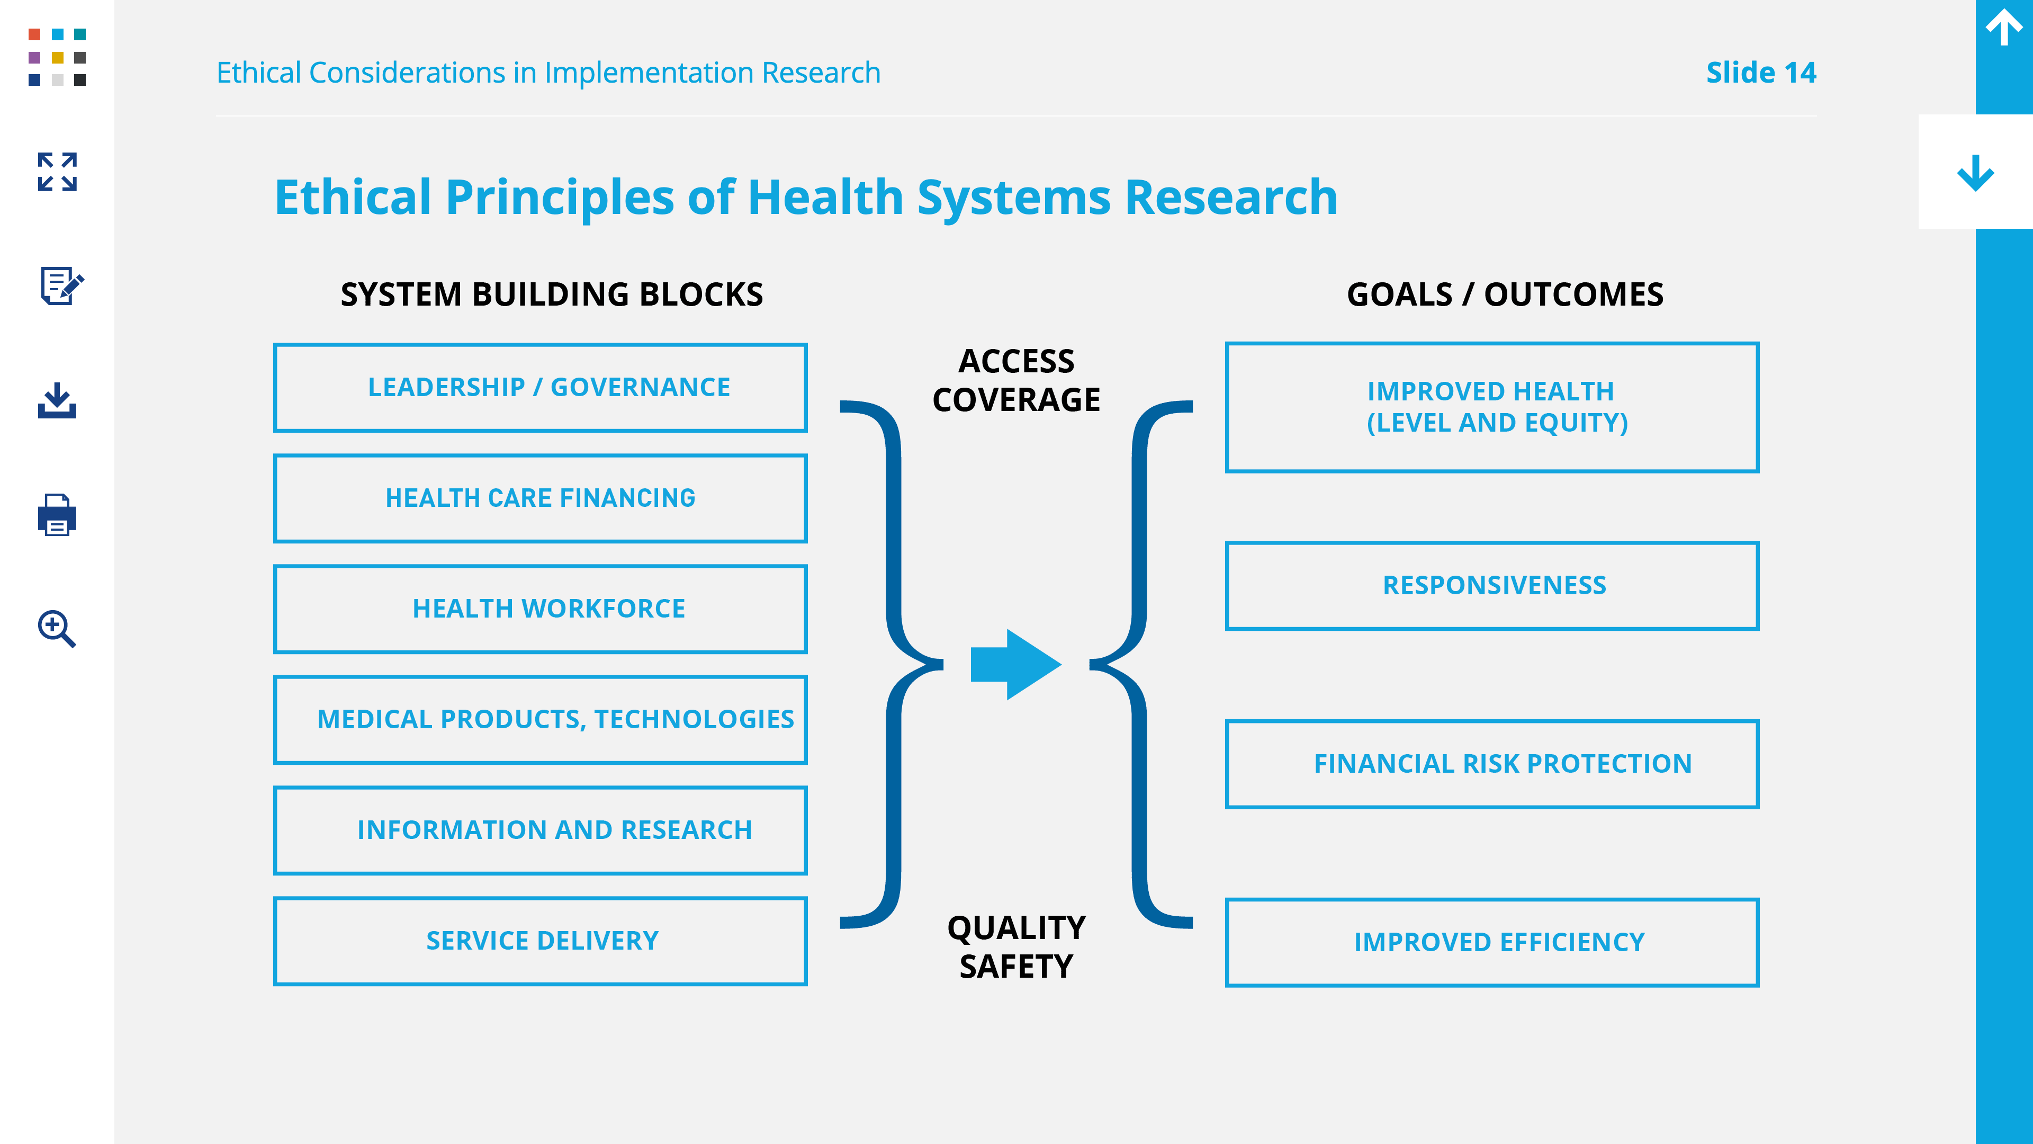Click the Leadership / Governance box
(540, 388)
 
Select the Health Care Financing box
(540, 498)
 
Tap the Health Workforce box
(540, 609)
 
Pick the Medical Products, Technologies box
(540, 719)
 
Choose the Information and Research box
(540, 830)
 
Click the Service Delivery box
(540, 940)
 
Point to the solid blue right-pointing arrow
(1016, 665)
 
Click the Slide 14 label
(1761, 73)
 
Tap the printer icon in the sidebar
(57, 515)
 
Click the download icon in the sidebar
(57, 400)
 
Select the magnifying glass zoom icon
(57, 629)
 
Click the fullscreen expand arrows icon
(57, 172)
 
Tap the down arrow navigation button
(1975, 173)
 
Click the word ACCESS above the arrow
(1016, 361)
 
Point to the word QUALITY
(1016, 928)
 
